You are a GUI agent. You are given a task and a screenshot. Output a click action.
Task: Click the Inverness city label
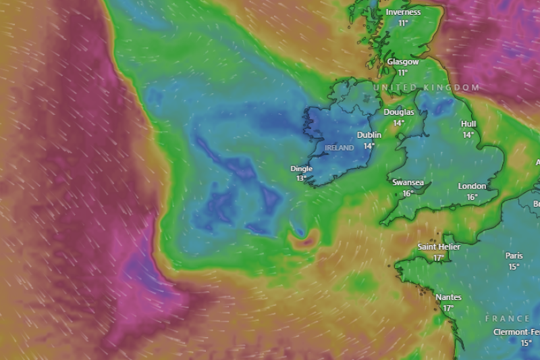[x=403, y=12]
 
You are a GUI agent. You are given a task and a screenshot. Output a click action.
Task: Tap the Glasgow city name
[x=402, y=61]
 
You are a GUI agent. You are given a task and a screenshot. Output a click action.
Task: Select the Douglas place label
[x=398, y=112]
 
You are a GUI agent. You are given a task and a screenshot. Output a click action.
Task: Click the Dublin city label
[x=369, y=135]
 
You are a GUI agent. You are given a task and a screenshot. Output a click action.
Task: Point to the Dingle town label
[x=301, y=168]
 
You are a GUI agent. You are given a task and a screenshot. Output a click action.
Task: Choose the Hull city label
[x=468, y=124]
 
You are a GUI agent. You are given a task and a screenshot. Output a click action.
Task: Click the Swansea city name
[x=408, y=182]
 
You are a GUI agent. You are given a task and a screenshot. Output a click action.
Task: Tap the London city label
[x=472, y=186]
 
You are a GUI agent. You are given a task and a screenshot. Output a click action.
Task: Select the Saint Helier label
[x=439, y=247]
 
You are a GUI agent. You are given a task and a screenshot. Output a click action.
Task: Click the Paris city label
[x=514, y=255]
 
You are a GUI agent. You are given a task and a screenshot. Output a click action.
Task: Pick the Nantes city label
[x=448, y=297]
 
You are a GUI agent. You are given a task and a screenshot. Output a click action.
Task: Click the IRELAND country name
[x=339, y=147]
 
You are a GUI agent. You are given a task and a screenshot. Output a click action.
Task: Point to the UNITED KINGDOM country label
[x=427, y=88]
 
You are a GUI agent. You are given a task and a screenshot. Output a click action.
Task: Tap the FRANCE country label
[x=508, y=318]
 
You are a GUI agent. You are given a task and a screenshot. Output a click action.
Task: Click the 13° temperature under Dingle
[x=301, y=178]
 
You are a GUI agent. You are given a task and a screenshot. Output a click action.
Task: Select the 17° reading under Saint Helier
[x=439, y=258]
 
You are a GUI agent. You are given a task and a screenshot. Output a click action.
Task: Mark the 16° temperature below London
[x=472, y=197]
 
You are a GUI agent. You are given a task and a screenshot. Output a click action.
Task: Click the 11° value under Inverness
[x=403, y=23]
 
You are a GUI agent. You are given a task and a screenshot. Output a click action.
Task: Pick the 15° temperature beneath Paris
[x=514, y=266]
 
